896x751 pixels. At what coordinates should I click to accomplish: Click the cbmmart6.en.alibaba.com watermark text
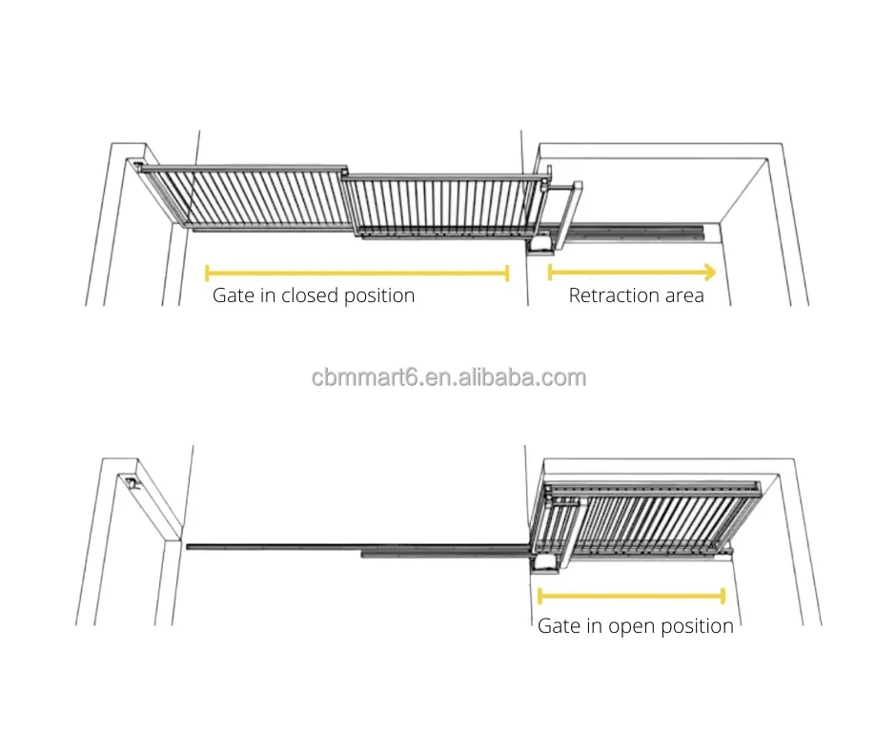coord(448,377)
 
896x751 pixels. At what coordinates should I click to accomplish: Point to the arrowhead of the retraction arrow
coord(709,272)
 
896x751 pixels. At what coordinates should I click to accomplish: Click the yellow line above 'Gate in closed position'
coord(357,274)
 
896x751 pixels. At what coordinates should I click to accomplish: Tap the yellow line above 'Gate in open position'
coord(631,597)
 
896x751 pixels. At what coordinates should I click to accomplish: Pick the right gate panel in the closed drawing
coord(438,204)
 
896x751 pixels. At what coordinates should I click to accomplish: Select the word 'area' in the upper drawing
coord(685,295)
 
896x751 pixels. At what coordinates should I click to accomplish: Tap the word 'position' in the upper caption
coord(379,295)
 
